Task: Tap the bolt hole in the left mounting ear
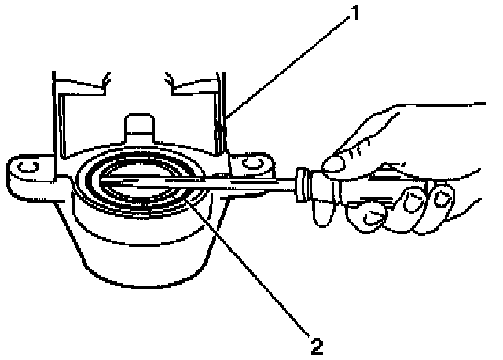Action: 25,167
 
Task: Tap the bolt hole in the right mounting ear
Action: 252,164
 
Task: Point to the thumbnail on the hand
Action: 336,163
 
